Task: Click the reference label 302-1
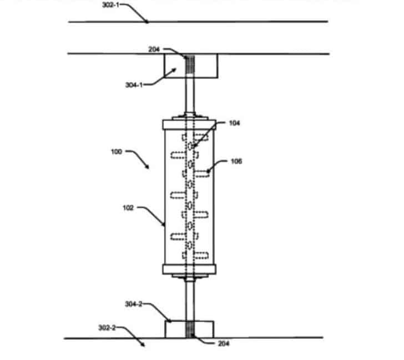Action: [111, 5]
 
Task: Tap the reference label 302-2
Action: [107, 328]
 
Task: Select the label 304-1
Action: [134, 85]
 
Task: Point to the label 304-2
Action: [134, 304]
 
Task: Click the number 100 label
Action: [117, 152]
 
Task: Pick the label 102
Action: [128, 208]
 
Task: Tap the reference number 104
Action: [234, 123]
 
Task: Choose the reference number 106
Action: [236, 162]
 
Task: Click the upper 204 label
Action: [154, 49]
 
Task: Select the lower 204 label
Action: [224, 343]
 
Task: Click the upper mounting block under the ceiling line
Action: [191, 66]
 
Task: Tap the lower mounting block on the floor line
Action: [189, 329]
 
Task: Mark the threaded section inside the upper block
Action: [190, 64]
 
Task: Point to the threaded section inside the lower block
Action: [190, 329]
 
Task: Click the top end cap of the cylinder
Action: [189, 124]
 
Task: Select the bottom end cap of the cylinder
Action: [189, 269]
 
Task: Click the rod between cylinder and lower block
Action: [190, 301]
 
